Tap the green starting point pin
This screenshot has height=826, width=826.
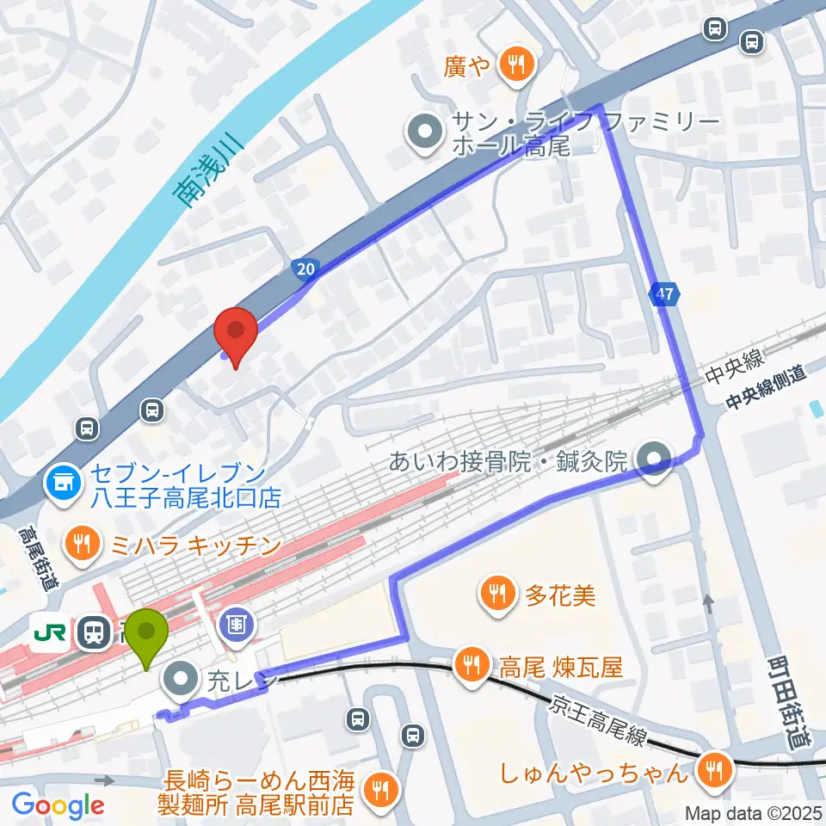click(x=147, y=636)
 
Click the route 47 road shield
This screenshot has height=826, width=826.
click(x=663, y=294)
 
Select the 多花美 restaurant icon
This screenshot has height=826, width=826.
click(x=497, y=593)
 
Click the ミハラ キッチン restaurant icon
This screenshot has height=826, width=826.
click(x=83, y=545)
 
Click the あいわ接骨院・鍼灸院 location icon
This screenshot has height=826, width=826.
click(x=656, y=459)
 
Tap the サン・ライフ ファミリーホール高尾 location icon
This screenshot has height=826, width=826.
click(x=424, y=133)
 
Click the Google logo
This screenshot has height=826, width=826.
click(x=58, y=805)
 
